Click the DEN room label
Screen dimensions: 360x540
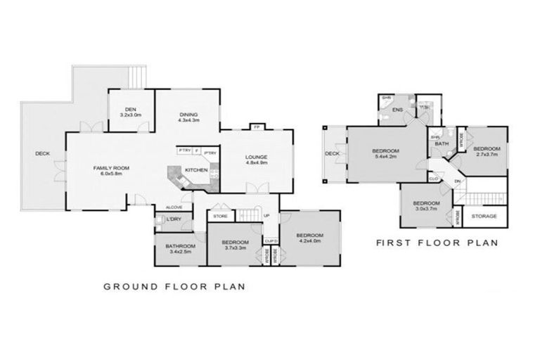pyautogui.click(x=130, y=109)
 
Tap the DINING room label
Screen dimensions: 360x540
pyautogui.click(x=188, y=115)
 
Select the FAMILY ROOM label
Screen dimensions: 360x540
pyautogui.click(x=112, y=168)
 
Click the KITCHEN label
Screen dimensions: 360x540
pyautogui.click(x=195, y=171)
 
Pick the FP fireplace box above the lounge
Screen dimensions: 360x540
pyautogui.click(x=257, y=127)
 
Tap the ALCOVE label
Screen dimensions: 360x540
pyautogui.click(x=174, y=207)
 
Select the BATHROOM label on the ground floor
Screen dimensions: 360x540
pyautogui.click(x=179, y=246)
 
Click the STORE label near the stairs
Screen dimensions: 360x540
pyautogui.click(x=220, y=216)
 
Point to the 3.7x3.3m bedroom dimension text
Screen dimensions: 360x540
pyautogui.click(x=235, y=247)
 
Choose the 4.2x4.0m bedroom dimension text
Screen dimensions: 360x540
pyautogui.click(x=309, y=241)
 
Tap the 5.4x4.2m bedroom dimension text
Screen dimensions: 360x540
pyautogui.click(x=386, y=157)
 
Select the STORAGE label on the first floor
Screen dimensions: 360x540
pyautogui.click(x=484, y=216)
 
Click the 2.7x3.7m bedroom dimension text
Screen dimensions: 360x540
pyautogui.click(x=486, y=155)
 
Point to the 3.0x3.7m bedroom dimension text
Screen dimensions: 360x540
pyautogui.click(x=426, y=209)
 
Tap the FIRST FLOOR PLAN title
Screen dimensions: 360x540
pyautogui.click(x=437, y=243)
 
